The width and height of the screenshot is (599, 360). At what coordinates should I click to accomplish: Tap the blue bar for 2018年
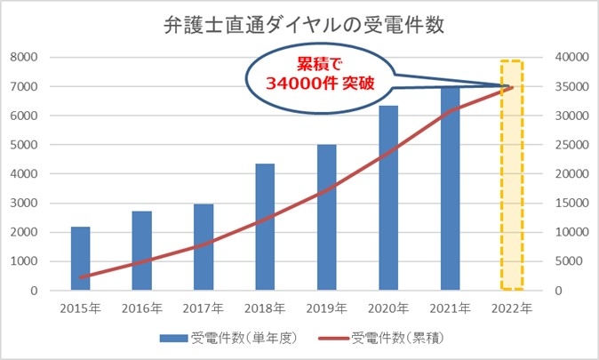click(x=265, y=228)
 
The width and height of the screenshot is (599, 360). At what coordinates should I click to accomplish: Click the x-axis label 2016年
click(x=143, y=308)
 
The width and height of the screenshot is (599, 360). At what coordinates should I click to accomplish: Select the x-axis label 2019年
click(x=327, y=308)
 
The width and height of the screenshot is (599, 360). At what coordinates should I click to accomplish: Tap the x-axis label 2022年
click(x=511, y=308)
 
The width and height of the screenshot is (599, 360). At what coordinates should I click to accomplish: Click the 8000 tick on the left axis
click(x=24, y=57)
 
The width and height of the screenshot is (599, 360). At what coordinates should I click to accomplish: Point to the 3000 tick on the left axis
click(x=24, y=204)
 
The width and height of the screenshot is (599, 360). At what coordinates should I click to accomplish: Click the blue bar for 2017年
click(x=204, y=247)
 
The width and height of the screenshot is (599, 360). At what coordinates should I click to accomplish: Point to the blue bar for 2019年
click(x=327, y=218)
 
